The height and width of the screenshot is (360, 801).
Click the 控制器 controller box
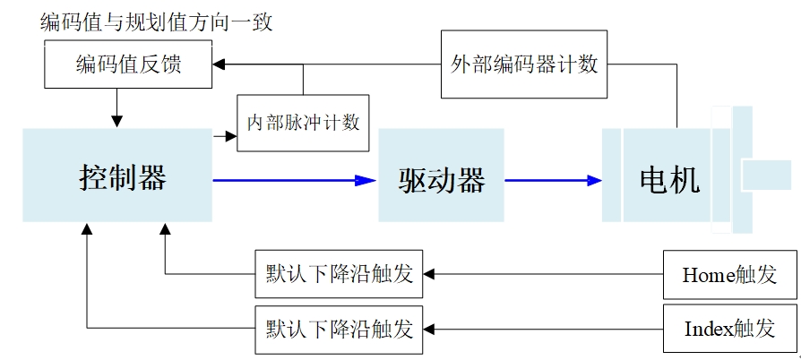[x=117, y=176]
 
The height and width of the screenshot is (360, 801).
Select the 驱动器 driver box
[x=442, y=176]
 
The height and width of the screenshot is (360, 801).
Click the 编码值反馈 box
[x=129, y=64]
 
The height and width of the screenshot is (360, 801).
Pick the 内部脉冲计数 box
[x=303, y=122]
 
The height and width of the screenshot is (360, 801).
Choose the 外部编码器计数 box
[x=525, y=64]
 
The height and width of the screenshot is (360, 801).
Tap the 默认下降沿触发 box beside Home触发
[x=339, y=274]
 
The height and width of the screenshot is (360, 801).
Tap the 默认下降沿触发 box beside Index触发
[x=339, y=329]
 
